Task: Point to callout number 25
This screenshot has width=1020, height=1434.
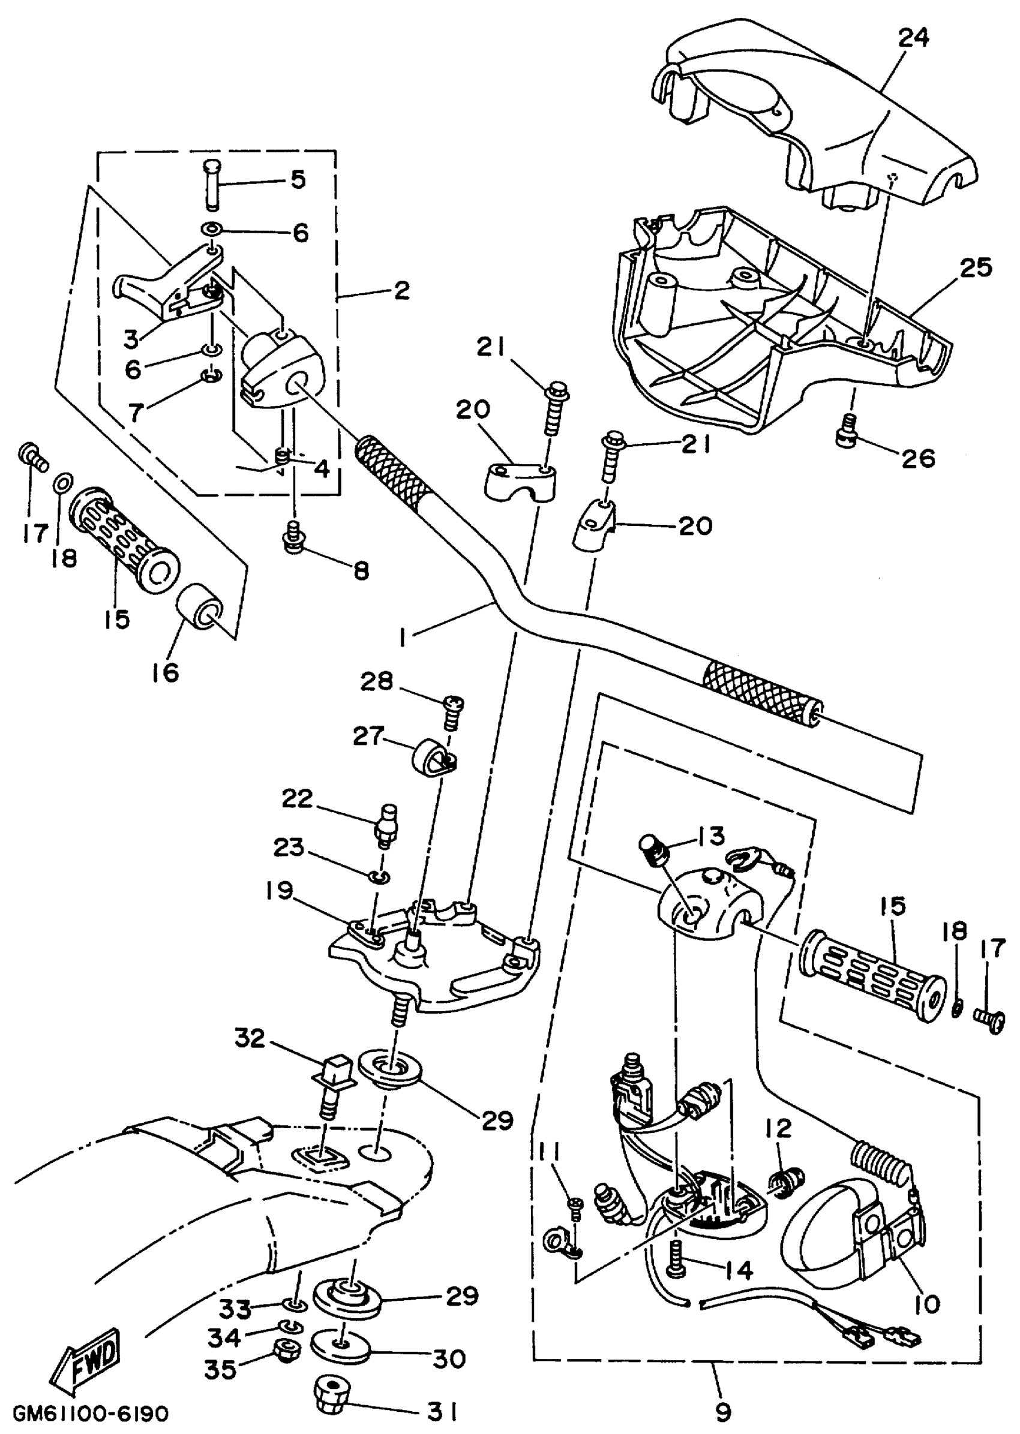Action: [975, 267]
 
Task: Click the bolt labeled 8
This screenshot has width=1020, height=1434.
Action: [292, 536]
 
